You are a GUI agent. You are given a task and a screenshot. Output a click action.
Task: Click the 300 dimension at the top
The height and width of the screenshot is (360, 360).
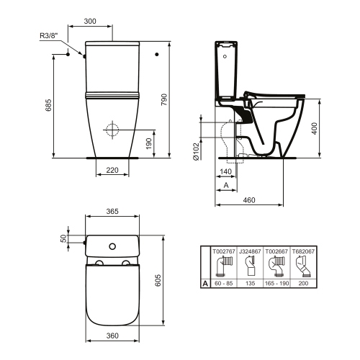[x=90, y=21]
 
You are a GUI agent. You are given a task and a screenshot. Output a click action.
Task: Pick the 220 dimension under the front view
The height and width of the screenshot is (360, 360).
[x=112, y=170]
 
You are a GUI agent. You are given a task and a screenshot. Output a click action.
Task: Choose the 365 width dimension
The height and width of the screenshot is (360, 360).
[x=112, y=212]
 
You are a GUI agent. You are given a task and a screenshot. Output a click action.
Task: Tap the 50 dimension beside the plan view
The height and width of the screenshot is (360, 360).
[x=63, y=238]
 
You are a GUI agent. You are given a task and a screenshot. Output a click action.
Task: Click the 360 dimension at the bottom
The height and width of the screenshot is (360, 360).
[x=112, y=336]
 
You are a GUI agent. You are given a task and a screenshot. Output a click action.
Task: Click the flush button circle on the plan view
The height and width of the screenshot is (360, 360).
[x=112, y=247]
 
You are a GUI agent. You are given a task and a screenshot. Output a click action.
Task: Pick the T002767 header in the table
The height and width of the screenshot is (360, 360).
[x=224, y=251]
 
